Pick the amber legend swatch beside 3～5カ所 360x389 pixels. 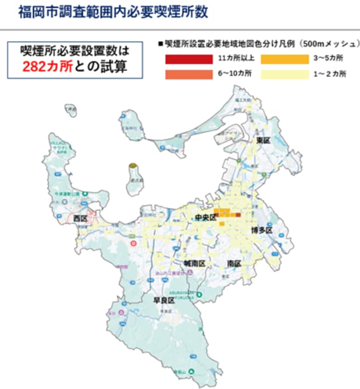tap(284, 59)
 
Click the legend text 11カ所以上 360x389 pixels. tap(235, 59)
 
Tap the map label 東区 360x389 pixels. tap(263, 141)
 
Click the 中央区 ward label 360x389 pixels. tap(205, 217)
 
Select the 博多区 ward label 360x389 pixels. tap(262, 230)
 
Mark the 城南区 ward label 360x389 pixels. tap(194, 263)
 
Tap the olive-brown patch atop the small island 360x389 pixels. tap(133, 165)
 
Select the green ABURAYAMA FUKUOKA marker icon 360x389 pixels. tap(199, 294)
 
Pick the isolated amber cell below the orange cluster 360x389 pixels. tap(222, 224)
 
